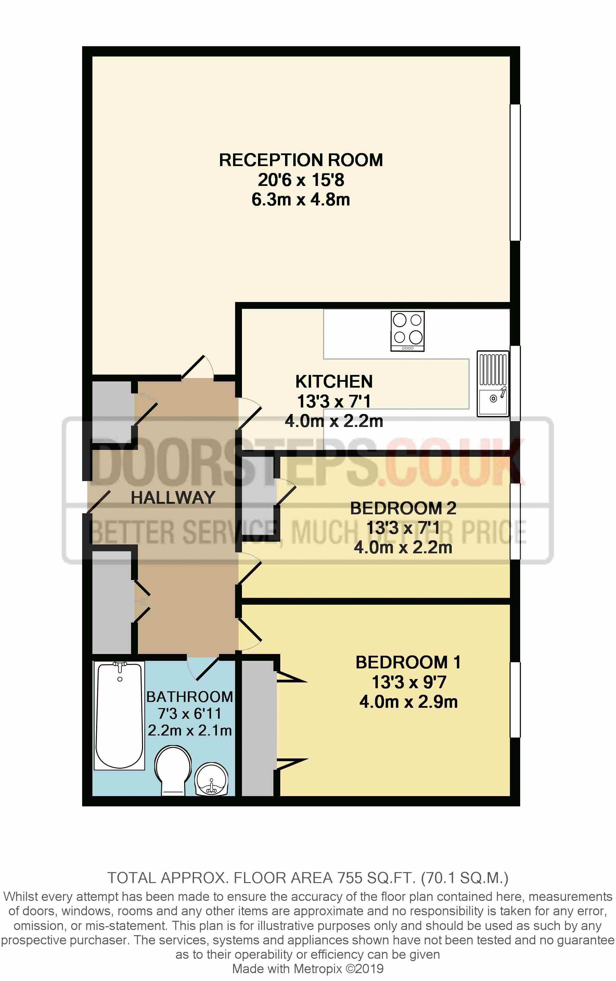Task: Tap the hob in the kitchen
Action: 407,331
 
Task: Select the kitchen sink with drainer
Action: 493,384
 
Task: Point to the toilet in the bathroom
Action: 173,770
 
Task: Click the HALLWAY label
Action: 173,498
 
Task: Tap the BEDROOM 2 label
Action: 403,508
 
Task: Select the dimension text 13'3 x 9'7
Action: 409,682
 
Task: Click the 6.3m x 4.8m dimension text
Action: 301,200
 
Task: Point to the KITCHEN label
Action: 334,382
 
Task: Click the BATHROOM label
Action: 190,697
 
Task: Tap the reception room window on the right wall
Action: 515,172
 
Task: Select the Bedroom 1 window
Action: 515,700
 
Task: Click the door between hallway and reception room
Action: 198,367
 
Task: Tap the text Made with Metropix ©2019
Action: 308,968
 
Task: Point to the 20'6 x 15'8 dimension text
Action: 301,180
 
